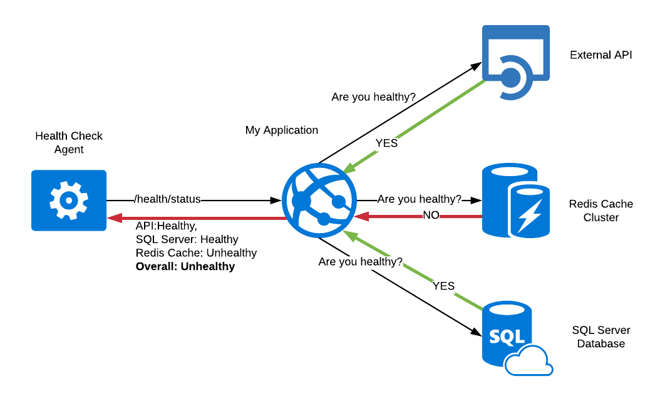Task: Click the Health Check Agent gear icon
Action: click(69, 200)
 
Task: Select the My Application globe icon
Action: click(319, 200)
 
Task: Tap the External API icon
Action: click(515, 63)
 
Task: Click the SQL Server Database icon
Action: click(510, 335)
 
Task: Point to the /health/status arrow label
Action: click(167, 199)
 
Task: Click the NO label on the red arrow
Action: click(430, 216)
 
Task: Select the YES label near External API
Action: click(386, 143)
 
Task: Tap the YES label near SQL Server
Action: click(443, 286)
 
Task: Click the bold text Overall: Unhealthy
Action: click(185, 266)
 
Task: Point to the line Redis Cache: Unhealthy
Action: click(196, 253)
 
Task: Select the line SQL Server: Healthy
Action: click(187, 239)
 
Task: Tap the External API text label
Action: click(600, 55)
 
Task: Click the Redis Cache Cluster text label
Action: click(600, 211)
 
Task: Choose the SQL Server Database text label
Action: click(600, 337)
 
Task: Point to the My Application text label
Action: click(281, 130)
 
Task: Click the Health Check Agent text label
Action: click(69, 142)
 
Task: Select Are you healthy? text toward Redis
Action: click(419, 199)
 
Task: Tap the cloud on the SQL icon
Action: click(529, 362)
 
